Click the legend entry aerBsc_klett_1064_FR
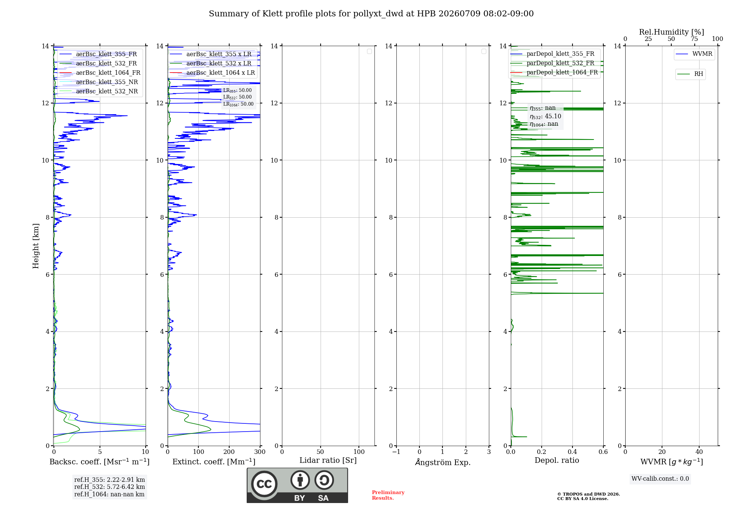[100, 73]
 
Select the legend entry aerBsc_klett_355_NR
[99, 82]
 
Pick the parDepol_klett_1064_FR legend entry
[554, 73]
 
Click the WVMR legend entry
[694, 54]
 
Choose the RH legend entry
[690, 74]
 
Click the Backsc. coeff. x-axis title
[100, 462]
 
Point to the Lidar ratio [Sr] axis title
[328, 461]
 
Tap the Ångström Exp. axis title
[443, 462]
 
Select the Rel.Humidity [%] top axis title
[672, 32]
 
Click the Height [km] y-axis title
[36, 246]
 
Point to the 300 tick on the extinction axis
[260, 452]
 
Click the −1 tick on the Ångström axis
[396, 452]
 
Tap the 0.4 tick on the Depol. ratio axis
[572, 452]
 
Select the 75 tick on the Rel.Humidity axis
[694, 39]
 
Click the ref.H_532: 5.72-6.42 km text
[110, 487]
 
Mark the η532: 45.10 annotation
[545, 116]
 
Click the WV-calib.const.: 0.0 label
[660, 479]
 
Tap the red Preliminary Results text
[388, 495]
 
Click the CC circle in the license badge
[264, 484]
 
